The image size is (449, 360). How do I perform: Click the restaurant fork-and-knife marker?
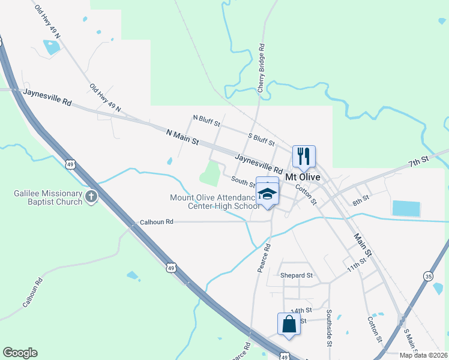304,157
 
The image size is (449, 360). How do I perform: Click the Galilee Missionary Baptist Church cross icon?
91,196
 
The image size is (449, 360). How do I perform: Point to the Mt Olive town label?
303,178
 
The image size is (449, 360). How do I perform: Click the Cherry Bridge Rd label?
261,68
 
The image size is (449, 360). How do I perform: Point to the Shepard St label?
297,275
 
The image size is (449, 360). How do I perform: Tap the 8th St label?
360,200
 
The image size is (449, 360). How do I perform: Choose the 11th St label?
356,266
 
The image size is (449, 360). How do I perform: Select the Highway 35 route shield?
428,276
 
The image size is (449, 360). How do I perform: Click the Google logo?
20,353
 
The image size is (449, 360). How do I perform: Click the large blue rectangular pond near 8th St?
407,208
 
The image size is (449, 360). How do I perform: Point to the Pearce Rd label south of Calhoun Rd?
264,258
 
